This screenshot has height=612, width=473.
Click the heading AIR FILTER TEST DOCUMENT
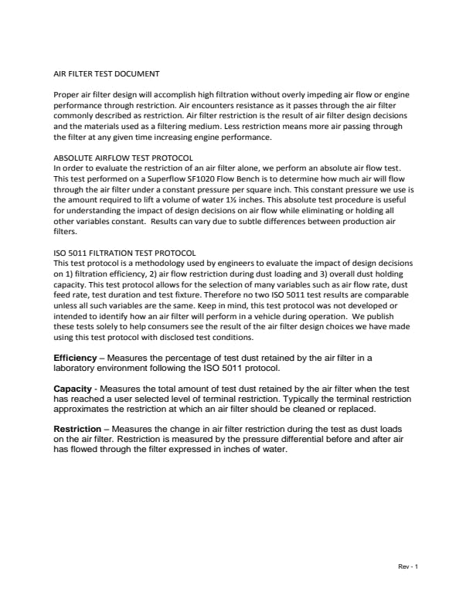click(x=106, y=75)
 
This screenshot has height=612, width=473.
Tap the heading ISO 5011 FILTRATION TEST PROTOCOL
click(x=124, y=253)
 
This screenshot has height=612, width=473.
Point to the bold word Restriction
click(x=77, y=428)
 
